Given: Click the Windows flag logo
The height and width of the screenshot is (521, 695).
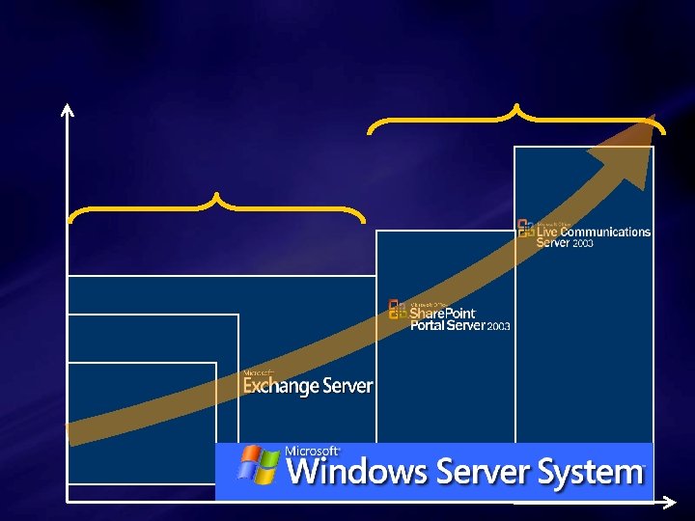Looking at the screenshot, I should click(258, 466).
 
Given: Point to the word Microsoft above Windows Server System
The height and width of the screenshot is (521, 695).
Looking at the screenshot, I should click(312, 451).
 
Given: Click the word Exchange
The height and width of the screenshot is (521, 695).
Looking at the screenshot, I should click(281, 386).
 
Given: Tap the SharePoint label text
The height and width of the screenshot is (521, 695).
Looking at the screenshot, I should click(443, 314).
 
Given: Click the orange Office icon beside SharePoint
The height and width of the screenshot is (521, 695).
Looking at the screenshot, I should click(397, 309).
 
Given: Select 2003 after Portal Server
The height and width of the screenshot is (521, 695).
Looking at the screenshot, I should click(498, 327).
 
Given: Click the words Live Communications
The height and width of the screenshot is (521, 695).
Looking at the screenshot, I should click(594, 232).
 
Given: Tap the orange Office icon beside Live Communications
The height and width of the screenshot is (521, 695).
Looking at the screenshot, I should click(526, 228).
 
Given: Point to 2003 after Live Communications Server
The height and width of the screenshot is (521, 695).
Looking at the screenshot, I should click(583, 244).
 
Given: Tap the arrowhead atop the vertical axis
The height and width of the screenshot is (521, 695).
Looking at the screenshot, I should click(68, 108).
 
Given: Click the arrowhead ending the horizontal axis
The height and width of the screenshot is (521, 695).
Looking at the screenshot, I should click(671, 502).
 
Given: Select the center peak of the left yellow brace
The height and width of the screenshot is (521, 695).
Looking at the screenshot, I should click(216, 197).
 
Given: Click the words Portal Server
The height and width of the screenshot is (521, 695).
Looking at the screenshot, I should click(448, 326).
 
